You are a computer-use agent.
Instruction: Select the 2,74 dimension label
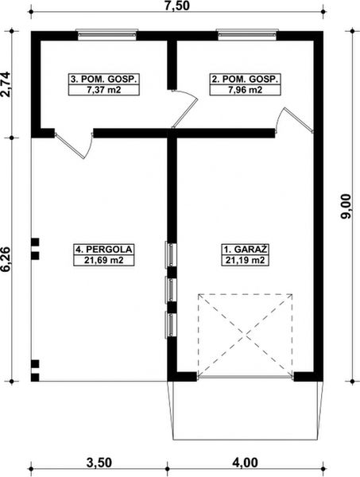tap(7, 84)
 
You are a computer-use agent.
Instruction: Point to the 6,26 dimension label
tap(7, 259)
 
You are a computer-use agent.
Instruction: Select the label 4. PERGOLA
tap(104, 249)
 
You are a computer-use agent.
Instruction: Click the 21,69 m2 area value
tap(104, 260)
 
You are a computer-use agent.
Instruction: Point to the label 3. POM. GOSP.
tap(105, 79)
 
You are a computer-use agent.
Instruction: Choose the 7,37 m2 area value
tap(105, 90)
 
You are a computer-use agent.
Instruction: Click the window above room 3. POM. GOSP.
tap(106, 34)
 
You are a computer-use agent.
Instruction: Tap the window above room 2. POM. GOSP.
tap(248, 34)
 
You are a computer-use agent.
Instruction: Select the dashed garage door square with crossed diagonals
tap(245, 335)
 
